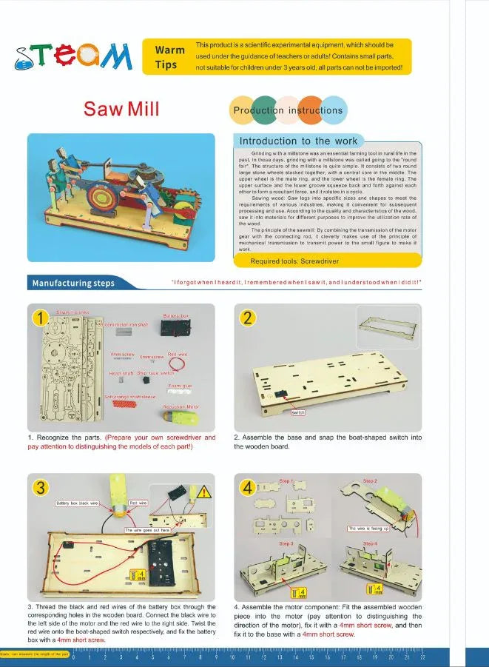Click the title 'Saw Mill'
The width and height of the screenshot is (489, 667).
(x=121, y=110)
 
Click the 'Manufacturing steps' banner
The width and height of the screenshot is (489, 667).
(x=72, y=283)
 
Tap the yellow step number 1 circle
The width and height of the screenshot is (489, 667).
(x=38, y=318)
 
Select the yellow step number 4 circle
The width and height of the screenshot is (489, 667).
(x=250, y=487)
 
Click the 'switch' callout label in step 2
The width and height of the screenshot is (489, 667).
(x=298, y=412)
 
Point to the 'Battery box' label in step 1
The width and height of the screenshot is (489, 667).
(x=175, y=316)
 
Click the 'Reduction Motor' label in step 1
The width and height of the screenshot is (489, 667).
(x=181, y=406)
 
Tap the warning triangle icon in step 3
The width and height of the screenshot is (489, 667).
(x=205, y=492)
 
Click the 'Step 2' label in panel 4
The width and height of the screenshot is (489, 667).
(x=370, y=480)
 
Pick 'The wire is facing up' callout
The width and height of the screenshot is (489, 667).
(x=367, y=529)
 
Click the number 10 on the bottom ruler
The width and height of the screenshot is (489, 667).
(x=232, y=657)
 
